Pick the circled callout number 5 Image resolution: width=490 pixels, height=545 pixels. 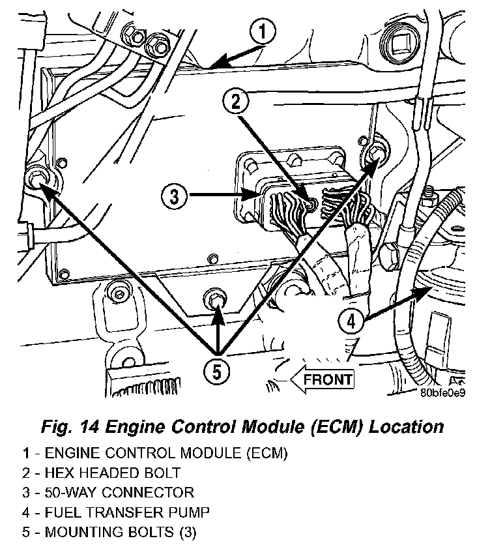pos(217,371)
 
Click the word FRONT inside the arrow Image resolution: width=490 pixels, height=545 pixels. pos(328,378)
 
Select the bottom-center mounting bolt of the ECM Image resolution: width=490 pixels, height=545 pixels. pos(215,299)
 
